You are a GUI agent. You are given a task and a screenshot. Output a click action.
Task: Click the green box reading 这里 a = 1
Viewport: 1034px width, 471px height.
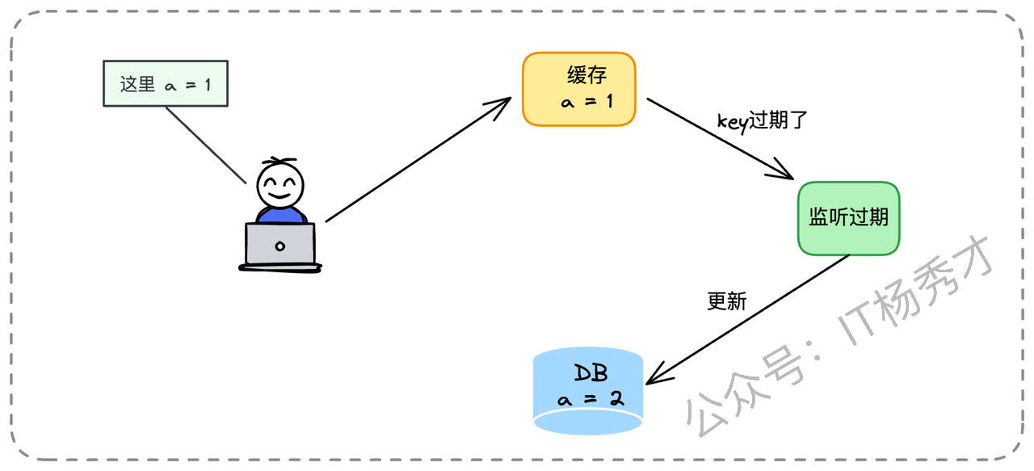[x=166, y=84]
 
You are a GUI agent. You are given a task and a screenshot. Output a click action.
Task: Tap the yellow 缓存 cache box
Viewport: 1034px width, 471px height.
[x=579, y=89]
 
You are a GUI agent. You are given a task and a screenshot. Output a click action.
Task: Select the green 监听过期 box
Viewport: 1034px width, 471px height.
[x=848, y=218]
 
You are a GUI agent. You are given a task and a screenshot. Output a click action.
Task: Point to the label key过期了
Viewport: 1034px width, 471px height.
[x=763, y=121]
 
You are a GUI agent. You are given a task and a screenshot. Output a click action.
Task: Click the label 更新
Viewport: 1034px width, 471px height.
[x=727, y=301]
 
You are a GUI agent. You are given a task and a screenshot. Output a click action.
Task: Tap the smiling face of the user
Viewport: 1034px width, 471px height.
[x=280, y=186]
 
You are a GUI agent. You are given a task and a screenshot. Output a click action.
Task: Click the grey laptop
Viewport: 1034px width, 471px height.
[x=280, y=245]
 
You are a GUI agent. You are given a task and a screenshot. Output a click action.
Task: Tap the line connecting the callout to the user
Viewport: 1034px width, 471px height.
[x=205, y=145]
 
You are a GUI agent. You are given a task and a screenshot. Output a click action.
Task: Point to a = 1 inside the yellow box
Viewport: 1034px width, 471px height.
[x=587, y=103]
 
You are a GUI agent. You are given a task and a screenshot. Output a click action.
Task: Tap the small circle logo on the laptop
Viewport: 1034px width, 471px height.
[x=280, y=245]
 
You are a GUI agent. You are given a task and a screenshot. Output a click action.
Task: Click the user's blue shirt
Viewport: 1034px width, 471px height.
[x=280, y=214]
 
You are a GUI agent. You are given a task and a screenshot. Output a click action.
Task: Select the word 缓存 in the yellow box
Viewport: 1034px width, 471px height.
[x=586, y=76]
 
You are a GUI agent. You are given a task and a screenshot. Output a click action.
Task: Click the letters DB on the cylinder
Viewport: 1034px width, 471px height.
[x=590, y=373]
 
